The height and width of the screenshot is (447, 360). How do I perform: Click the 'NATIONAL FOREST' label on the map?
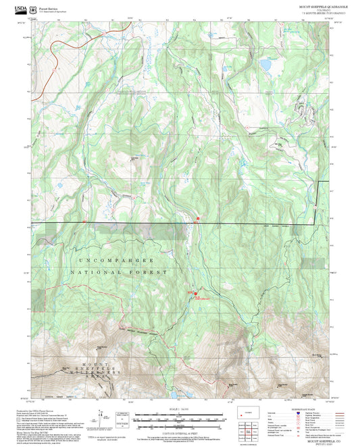[x=122, y=272]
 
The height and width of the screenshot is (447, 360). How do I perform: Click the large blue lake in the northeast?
[x=265, y=66]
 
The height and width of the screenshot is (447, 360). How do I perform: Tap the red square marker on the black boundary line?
[x=198, y=218]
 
